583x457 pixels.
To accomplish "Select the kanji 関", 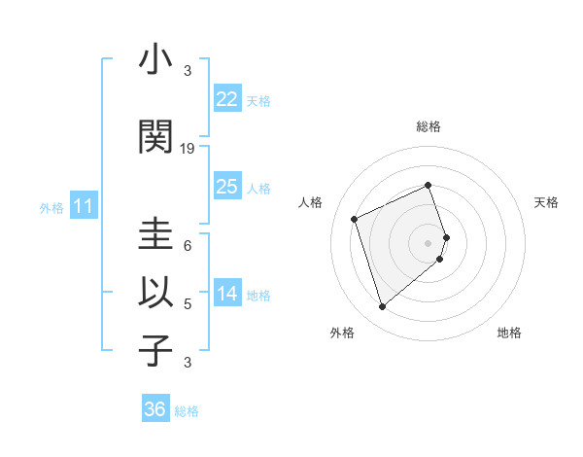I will (x=155, y=137).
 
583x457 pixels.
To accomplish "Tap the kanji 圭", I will (x=155, y=234).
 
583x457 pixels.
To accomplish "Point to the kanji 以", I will (x=155, y=293).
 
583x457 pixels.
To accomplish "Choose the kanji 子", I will (x=155, y=351).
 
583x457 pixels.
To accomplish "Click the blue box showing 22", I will (x=227, y=99).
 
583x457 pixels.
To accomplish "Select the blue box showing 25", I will (x=227, y=187).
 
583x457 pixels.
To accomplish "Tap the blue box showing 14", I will (x=227, y=295).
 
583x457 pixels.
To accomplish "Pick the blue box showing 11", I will (x=84, y=206).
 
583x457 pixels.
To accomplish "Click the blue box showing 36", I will (x=155, y=409).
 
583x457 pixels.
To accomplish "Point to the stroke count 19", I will (x=189, y=149).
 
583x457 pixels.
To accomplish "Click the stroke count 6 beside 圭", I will (x=188, y=246).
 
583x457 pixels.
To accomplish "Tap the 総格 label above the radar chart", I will (x=429, y=126).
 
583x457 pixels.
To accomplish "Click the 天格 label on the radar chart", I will (x=547, y=202).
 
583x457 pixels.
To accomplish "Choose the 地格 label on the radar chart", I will (x=509, y=333).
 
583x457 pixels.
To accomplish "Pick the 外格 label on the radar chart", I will (x=342, y=333).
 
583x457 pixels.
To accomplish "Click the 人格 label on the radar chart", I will (x=310, y=202).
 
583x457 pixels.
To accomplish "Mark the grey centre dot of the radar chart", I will (x=429, y=242).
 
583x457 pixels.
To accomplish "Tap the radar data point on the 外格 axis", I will (x=382, y=307).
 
